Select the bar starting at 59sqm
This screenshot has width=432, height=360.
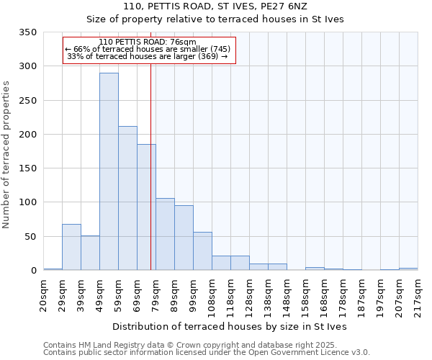(127, 198)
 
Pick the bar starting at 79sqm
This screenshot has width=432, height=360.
(165, 234)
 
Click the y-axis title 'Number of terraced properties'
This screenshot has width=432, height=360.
(6, 154)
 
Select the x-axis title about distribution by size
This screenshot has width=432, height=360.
(230, 326)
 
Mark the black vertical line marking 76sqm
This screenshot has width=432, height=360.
(150, 180)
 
